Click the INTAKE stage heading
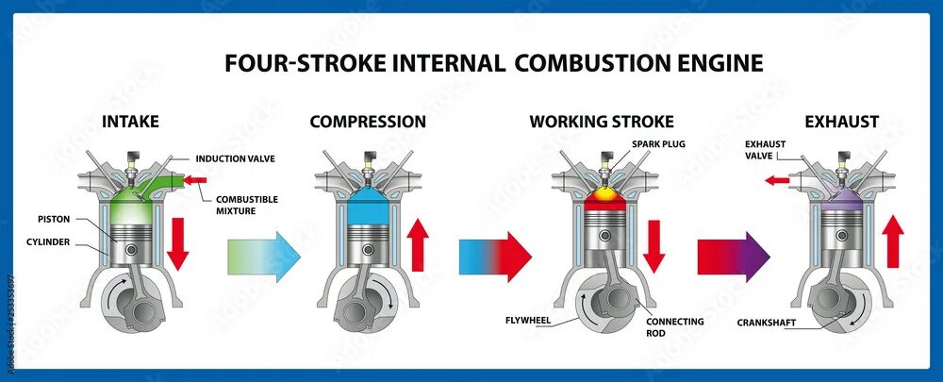(130, 122)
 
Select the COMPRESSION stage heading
(368, 122)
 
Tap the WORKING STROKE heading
(602, 122)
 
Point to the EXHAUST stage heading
(842, 122)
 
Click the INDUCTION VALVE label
(236, 158)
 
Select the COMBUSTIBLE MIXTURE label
(246, 205)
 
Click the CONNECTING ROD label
(674, 327)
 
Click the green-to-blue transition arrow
(264, 256)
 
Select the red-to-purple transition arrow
(734, 256)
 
